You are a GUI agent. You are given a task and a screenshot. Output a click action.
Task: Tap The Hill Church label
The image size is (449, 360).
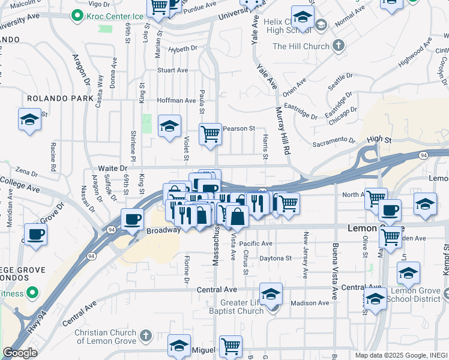point(301,46)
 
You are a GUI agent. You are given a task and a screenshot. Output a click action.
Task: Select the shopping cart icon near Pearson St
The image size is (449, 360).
point(210,134)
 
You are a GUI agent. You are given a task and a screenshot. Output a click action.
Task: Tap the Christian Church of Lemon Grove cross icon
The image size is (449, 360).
point(145,334)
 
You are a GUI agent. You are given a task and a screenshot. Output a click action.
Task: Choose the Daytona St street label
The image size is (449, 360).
point(275,259)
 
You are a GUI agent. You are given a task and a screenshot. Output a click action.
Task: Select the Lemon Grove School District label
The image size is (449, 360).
point(422,295)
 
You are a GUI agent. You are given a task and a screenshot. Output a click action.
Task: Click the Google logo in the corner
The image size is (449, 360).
point(20,353)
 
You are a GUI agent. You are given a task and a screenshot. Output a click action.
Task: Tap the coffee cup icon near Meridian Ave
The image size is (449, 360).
point(35,233)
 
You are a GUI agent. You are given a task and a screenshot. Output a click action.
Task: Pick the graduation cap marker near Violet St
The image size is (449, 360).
point(170,125)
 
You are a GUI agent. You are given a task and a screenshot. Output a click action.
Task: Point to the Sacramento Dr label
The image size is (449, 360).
point(334,141)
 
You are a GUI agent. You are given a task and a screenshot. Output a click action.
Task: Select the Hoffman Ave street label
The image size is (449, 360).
point(176,101)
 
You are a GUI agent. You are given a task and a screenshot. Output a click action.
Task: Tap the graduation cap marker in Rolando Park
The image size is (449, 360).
point(29,119)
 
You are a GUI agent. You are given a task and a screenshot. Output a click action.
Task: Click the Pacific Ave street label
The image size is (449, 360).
point(256,244)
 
